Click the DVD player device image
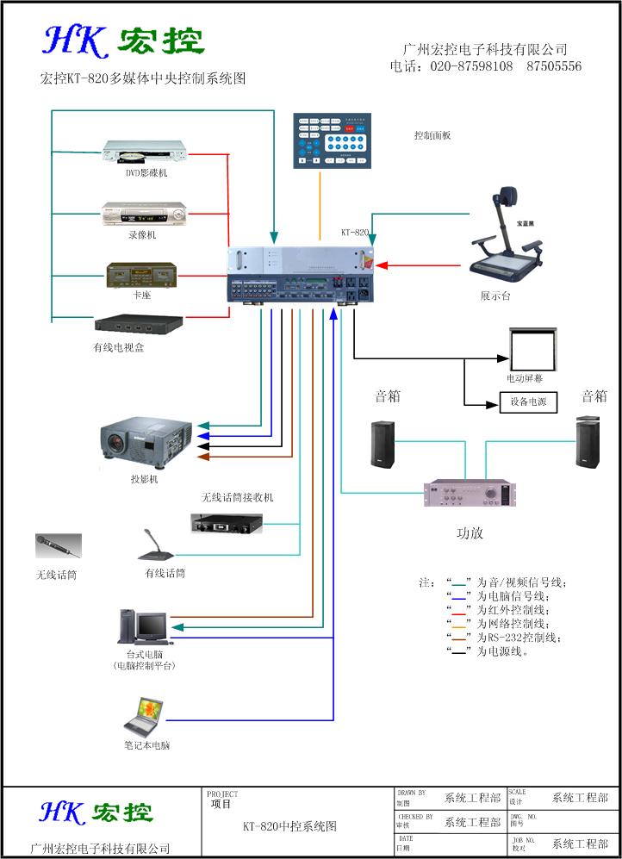click(144, 153)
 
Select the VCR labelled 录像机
click(144, 213)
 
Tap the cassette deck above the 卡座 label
click(141, 275)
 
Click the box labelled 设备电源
click(528, 401)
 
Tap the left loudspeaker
click(383, 445)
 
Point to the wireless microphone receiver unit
click(227, 522)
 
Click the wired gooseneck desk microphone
click(159, 546)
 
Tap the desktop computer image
click(142, 626)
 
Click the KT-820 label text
click(354, 233)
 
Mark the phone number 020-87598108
click(471, 66)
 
